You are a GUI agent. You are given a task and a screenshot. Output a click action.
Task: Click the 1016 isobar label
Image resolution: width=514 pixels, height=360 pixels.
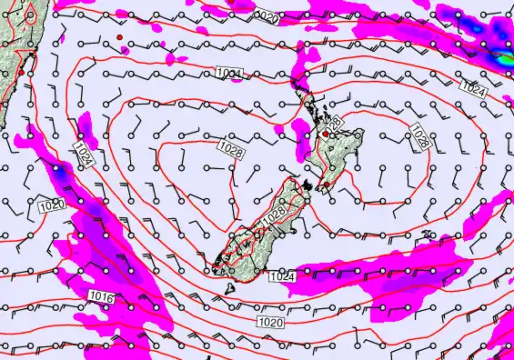(x=101, y=296)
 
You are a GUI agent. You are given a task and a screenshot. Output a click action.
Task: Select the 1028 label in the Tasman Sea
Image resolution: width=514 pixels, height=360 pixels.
(x=231, y=149)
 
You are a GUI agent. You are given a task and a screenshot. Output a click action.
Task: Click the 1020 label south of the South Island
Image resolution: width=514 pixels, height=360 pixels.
(x=270, y=322)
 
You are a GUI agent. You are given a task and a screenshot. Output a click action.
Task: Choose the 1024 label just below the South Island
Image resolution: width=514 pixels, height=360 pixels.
(x=283, y=275)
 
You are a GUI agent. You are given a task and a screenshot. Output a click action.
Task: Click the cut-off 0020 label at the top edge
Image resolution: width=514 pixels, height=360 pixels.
(x=266, y=16)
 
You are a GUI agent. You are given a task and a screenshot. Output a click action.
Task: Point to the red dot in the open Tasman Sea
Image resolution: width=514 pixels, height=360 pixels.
(x=119, y=36)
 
